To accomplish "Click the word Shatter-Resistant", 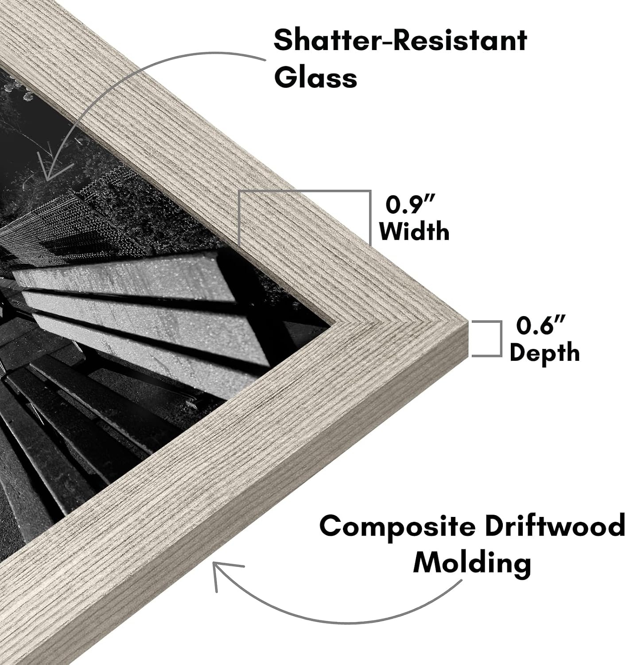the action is click(400, 40).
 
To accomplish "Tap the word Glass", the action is click(316, 77).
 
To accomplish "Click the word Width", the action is click(414, 231).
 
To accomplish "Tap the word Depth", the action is click(544, 352).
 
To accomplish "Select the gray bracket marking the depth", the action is click(501, 339).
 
